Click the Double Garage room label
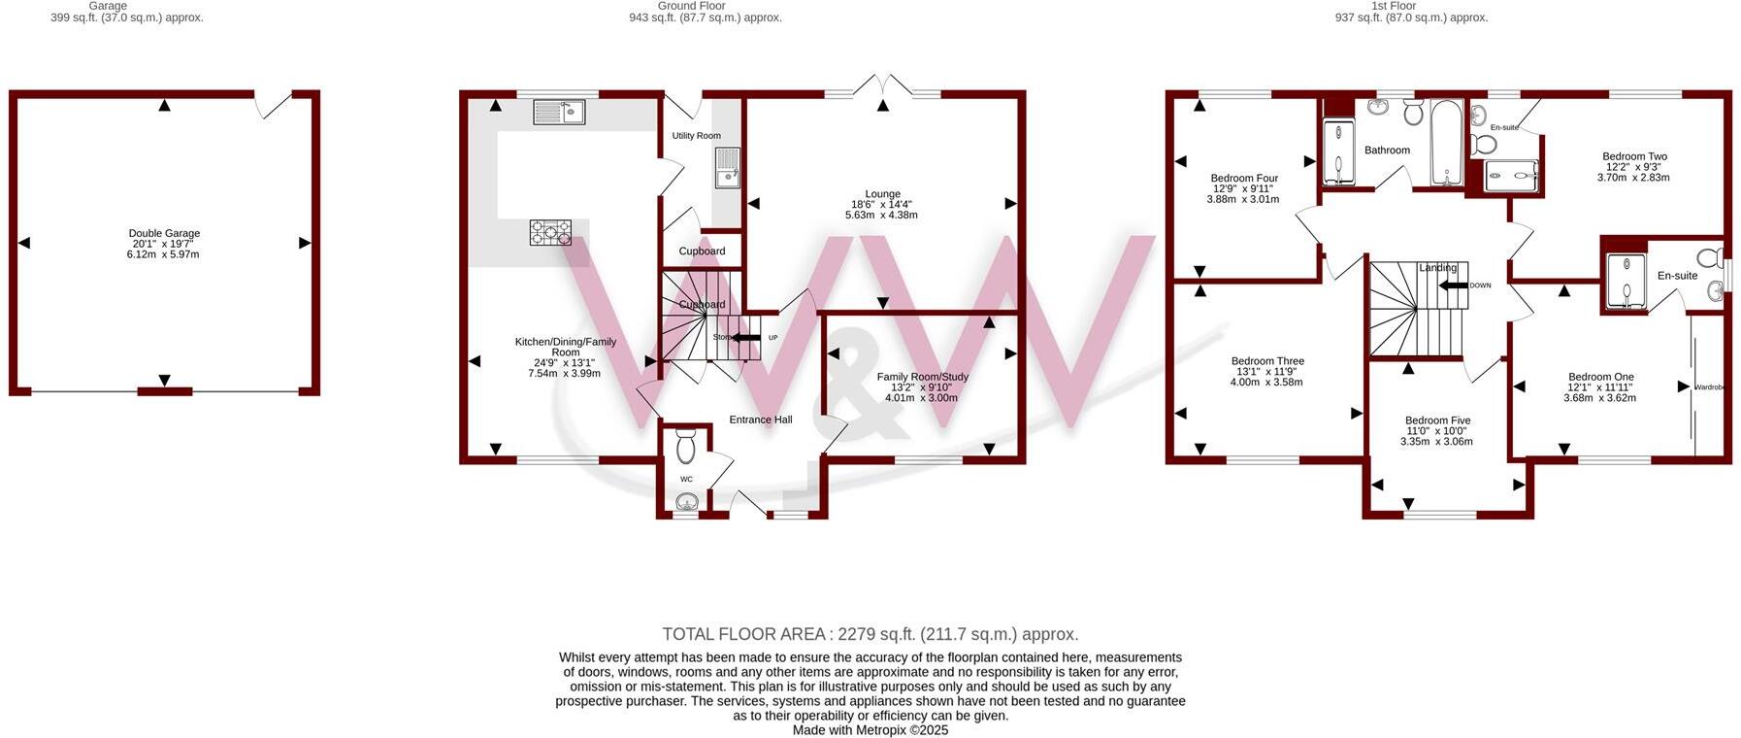(x=164, y=233)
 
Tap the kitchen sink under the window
(x=558, y=113)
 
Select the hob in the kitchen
(x=550, y=232)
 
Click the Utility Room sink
(x=727, y=167)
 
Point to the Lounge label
(x=882, y=193)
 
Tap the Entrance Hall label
(x=760, y=419)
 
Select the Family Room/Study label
(x=922, y=377)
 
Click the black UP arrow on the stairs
(x=745, y=338)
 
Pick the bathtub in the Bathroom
(x=1446, y=142)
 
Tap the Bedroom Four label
(x=1243, y=179)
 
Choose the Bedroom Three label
(x=1266, y=361)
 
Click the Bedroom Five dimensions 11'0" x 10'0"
(x=1436, y=431)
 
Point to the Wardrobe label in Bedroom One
(x=1709, y=387)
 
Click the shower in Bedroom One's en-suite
(x=1625, y=282)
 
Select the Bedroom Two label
(x=1634, y=156)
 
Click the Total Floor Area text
(x=870, y=634)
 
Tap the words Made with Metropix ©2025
(x=870, y=730)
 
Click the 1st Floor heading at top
(x=1393, y=6)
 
